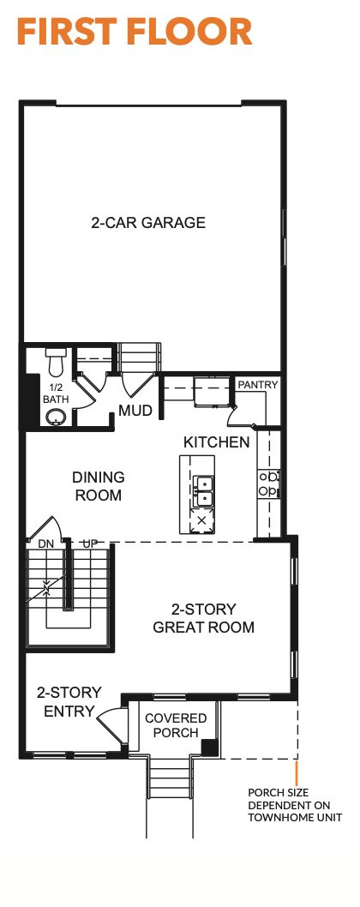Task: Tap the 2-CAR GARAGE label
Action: [148, 223]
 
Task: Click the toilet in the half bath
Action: [57, 364]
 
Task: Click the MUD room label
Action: [135, 411]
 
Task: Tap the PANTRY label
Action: [258, 385]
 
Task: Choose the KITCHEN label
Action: [216, 442]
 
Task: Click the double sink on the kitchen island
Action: [203, 491]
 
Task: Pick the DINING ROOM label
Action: [98, 486]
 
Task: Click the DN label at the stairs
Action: [46, 543]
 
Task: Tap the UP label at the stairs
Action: [89, 543]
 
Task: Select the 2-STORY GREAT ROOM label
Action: [203, 618]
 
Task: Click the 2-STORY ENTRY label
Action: [69, 700]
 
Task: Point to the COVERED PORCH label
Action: [176, 724]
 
